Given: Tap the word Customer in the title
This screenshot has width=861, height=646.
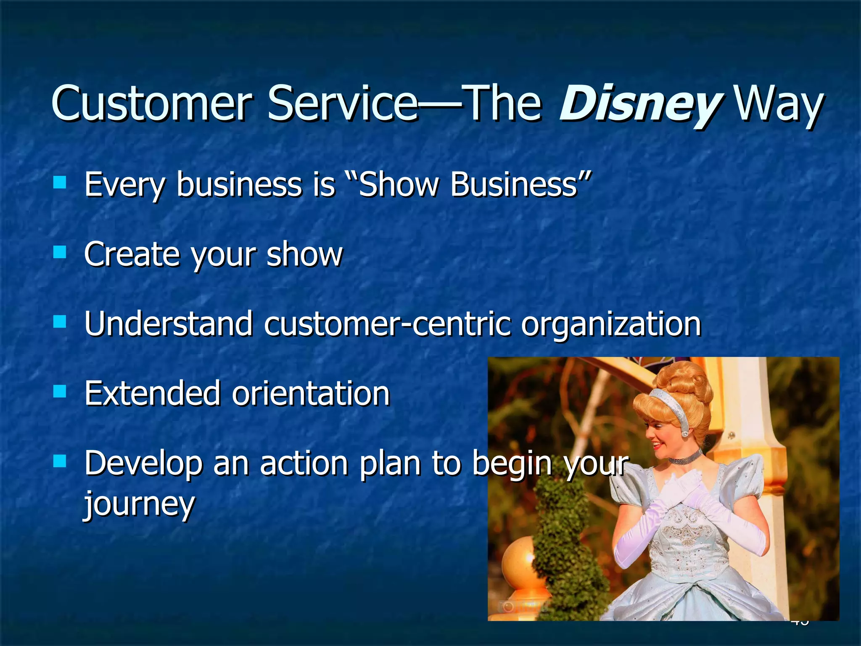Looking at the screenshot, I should tap(151, 103).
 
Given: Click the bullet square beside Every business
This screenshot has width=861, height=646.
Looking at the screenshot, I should tap(60, 182).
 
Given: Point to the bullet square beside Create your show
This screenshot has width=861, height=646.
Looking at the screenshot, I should tap(60, 252).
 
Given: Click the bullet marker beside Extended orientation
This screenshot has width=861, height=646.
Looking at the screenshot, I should tap(60, 392).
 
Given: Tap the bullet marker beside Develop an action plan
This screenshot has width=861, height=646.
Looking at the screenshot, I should tap(60, 461).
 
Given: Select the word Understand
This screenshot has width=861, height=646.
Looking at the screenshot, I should tap(168, 324).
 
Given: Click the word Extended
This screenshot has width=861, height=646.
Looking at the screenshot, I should tap(152, 394).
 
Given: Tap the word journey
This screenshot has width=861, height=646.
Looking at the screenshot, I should tap(139, 503).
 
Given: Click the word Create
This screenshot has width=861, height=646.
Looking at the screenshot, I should tap(131, 254).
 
